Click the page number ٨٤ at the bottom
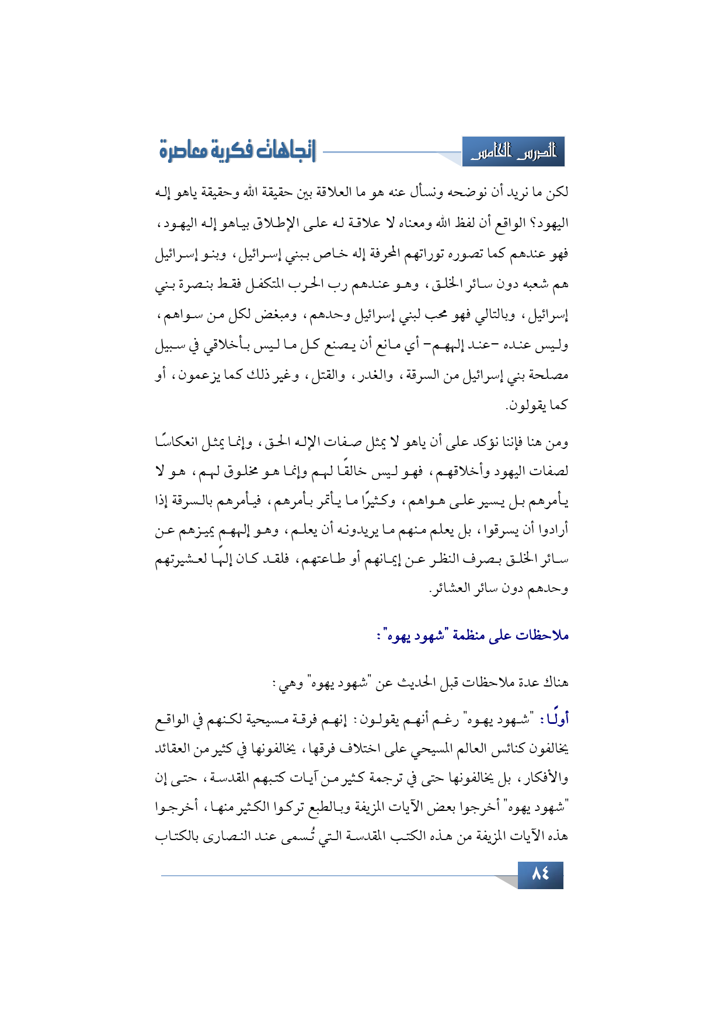click(x=540, y=874)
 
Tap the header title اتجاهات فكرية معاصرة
click(x=238, y=151)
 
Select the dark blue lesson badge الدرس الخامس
click(x=513, y=152)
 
